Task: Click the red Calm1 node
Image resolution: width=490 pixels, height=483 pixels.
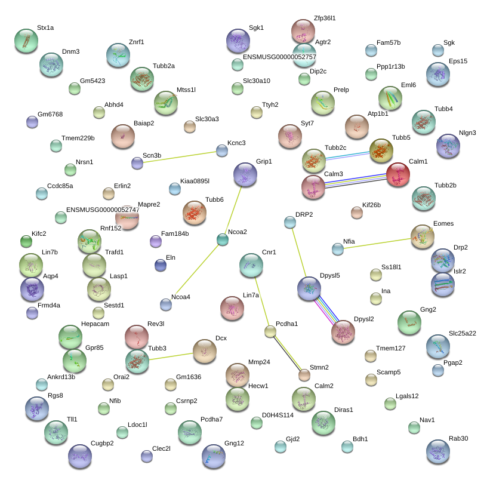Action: tap(398, 174)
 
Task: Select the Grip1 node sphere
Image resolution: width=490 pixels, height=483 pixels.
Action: tap(245, 174)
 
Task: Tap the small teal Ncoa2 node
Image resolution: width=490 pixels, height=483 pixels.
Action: tap(223, 239)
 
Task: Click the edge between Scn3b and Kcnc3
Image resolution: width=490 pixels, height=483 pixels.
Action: tap(180, 157)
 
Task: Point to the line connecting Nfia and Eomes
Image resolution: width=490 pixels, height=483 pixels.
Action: tap(377, 244)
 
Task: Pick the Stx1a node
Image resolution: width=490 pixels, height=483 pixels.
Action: tap(26, 41)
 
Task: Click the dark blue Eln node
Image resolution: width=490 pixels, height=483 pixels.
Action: tap(161, 265)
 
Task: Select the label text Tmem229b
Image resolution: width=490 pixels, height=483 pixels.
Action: tap(78, 138)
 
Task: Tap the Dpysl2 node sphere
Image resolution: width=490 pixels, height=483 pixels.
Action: tap(343, 332)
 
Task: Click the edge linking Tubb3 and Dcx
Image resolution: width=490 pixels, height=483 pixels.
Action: tap(171, 356)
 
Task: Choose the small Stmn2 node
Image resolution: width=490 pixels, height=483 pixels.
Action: tap(304, 375)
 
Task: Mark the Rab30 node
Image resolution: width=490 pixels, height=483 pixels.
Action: tap(438, 451)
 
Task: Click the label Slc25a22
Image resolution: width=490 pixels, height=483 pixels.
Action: tap(463, 333)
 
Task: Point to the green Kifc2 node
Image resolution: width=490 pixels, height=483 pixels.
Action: tap(26, 241)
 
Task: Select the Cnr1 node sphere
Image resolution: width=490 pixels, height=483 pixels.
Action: tap(251, 265)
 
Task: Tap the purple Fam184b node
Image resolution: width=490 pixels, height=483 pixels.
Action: tap(156, 241)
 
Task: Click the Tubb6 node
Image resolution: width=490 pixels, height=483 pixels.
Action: tap(195, 213)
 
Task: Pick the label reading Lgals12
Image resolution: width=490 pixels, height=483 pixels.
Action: tap(407, 396)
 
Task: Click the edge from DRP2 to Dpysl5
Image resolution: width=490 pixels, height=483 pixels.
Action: tap(299, 253)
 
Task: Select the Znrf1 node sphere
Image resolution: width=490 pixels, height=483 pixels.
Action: tap(118, 55)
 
